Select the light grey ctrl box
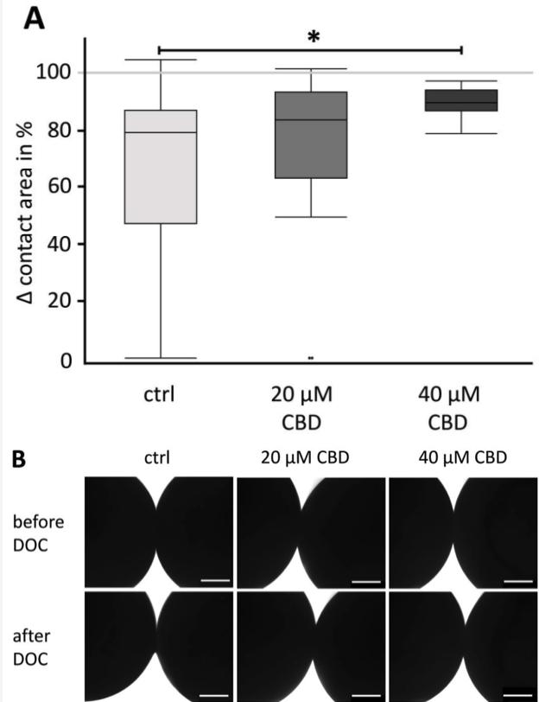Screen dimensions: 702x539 [161, 164]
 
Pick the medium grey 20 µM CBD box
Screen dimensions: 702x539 [311, 134]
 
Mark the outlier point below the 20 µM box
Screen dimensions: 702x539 [311, 356]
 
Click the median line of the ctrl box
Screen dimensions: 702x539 [161, 132]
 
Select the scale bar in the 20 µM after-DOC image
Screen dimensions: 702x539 [366, 692]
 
